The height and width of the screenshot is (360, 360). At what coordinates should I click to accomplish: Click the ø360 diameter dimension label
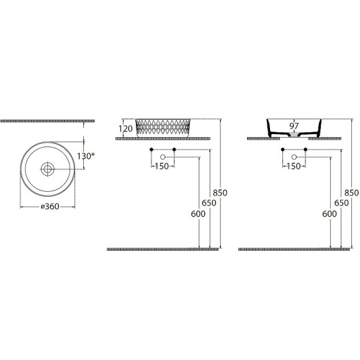coord(50,207)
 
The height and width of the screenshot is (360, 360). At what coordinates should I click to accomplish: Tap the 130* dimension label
coord(86,156)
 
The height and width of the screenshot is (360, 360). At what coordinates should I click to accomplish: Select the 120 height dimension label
coord(125,128)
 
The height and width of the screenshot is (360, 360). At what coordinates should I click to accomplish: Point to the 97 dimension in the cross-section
coord(294,126)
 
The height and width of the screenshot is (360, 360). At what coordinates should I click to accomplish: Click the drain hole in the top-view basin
coord(48,169)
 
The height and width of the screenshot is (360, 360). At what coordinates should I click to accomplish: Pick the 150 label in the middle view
coord(161,166)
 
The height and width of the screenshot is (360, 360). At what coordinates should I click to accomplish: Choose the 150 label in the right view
coord(294,166)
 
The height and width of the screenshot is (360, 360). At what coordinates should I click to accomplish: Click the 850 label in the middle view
coord(220,192)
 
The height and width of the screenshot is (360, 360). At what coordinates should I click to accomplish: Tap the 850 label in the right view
coord(351,192)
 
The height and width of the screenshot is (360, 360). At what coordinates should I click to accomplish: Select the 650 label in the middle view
coord(209,203)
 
